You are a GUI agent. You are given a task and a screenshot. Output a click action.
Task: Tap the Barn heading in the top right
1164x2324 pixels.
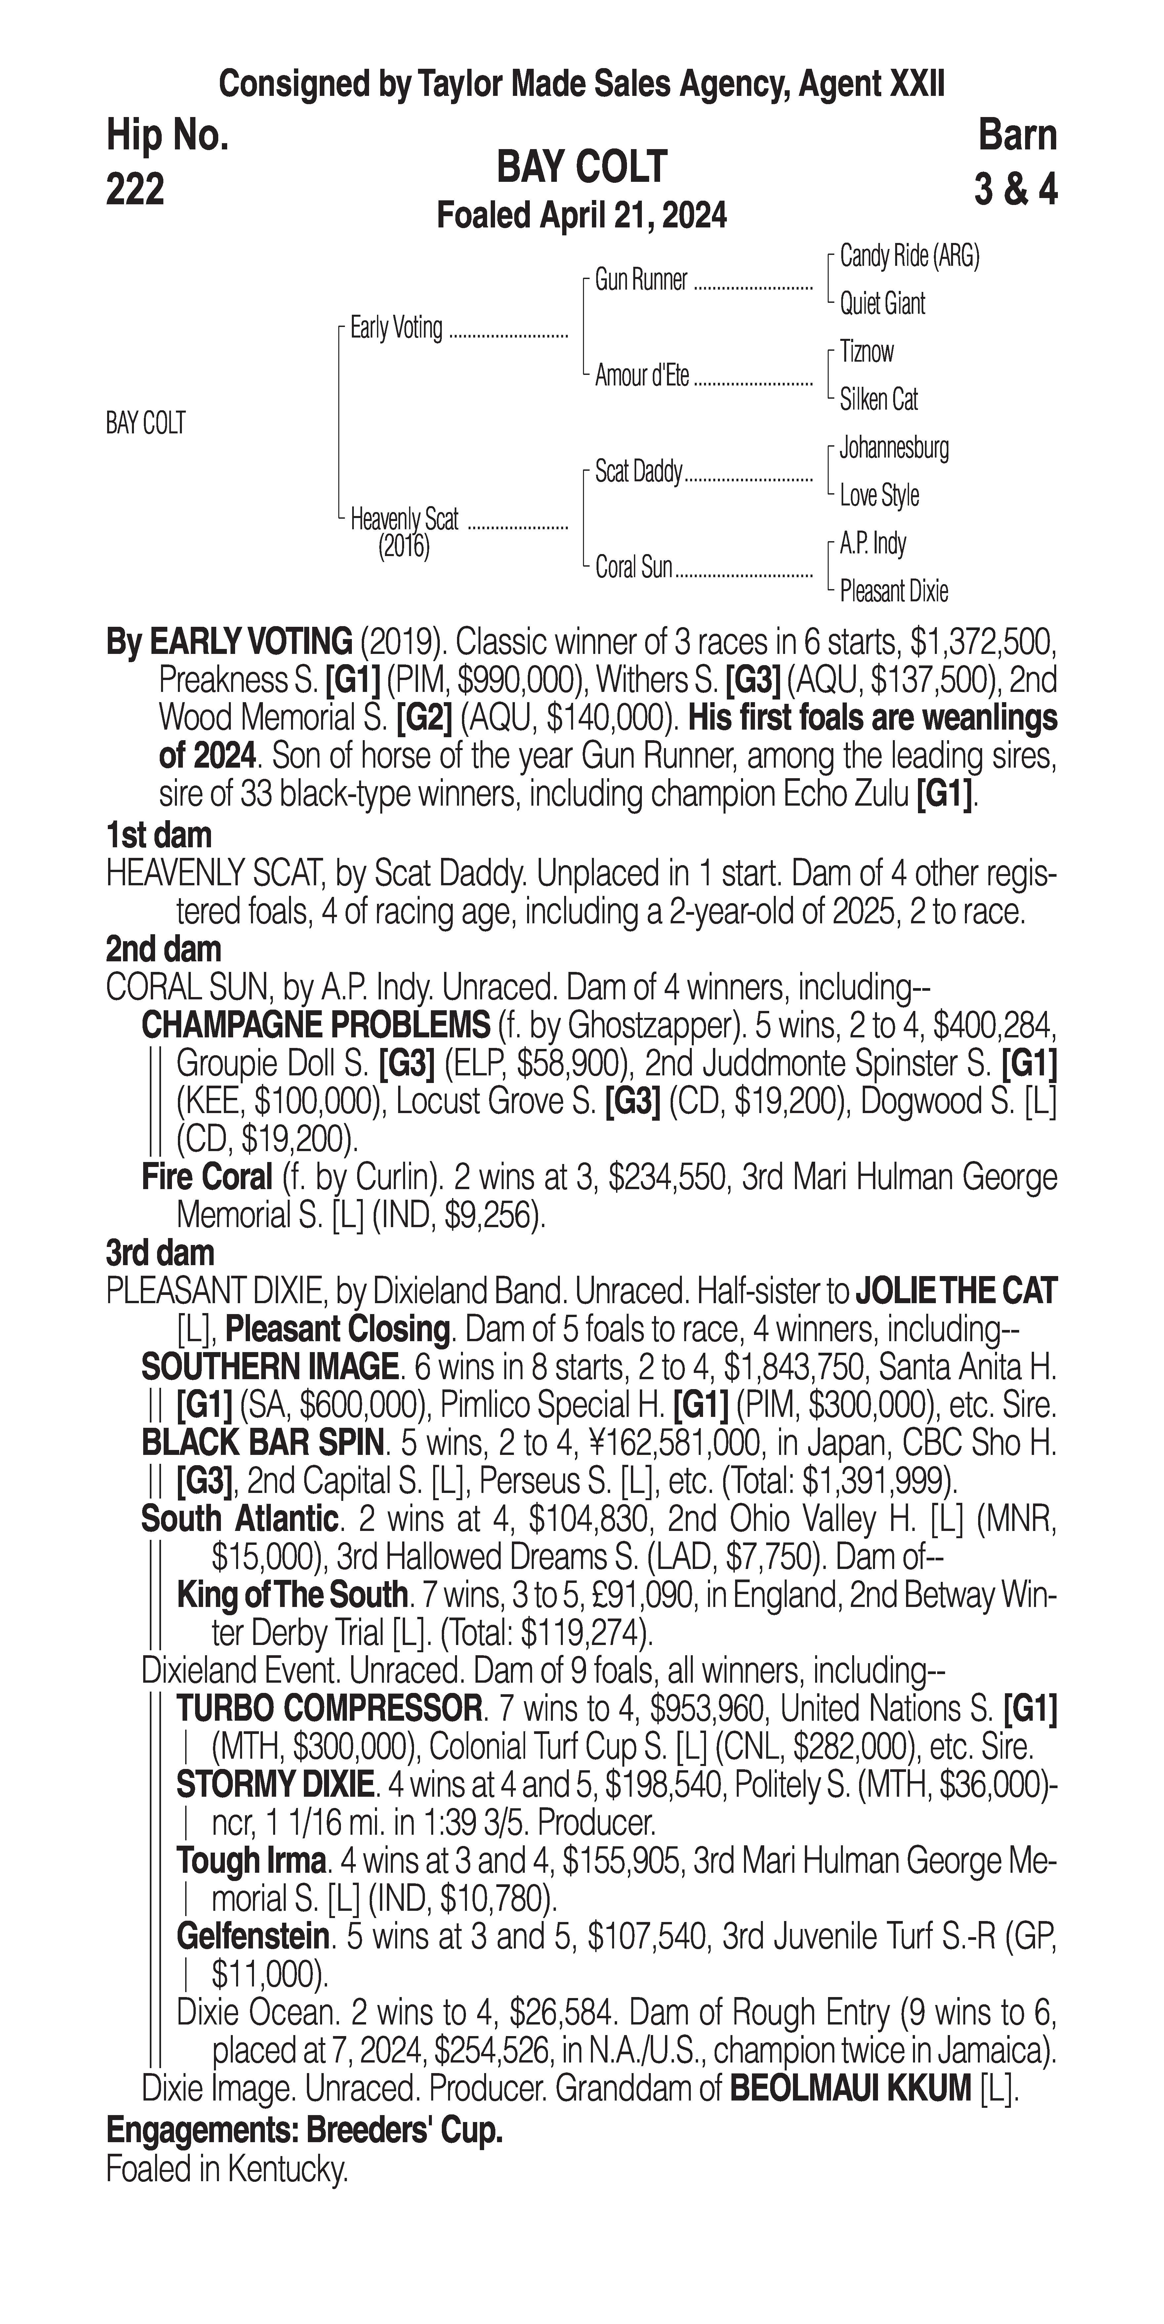(x=1017, y=135)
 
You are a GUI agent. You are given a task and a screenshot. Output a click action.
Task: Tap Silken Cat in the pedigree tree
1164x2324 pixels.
(x=878, y=399)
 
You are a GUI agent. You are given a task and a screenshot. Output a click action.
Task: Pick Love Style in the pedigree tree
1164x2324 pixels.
(x=879, y=495)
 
